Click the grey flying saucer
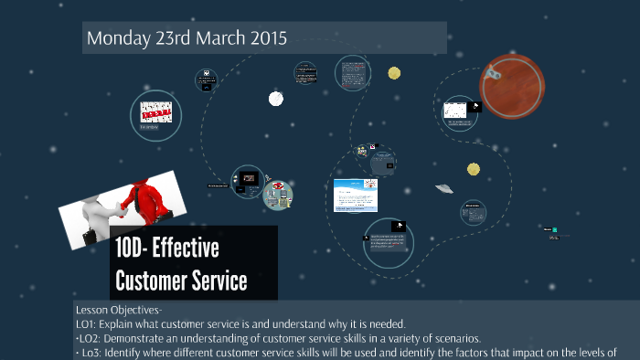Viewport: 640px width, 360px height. pyautogui.click(x=445, y=187)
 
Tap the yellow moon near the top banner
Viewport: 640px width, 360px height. pyautogui.click(x=394, y=73)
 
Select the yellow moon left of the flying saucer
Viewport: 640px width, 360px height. pyautogui.click(x=474, y=169)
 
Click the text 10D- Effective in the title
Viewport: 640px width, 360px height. pyautogui.click(x=167, y=249)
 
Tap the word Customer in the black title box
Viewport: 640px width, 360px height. pyautogui.click(x=149, y=280)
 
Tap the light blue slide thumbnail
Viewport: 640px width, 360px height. pyautogui.click(x=355, y=195)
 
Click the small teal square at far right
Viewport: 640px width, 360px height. pyautogui.click(x=555, y=228)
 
